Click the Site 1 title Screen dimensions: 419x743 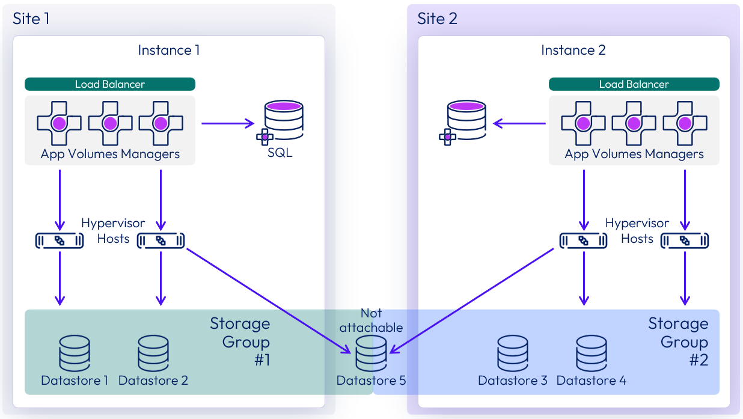pos(31,19)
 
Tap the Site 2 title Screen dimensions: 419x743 pos(437,19)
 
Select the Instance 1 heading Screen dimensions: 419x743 pos(168,50)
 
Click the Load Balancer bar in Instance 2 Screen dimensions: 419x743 pos(634,84)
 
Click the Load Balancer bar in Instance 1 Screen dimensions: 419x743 pos(110,84)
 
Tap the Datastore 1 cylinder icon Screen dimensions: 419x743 pos(75,353)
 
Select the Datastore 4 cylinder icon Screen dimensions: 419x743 pos(592,353)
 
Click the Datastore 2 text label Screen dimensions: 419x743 pos(153,381)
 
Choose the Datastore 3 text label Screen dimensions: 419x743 pos(513,381)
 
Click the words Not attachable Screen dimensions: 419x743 pos(371,320)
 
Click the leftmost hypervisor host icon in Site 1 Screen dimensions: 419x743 pos(59,241)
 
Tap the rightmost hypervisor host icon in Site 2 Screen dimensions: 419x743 pos(684,241)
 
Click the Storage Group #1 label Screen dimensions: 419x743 pos(240,341)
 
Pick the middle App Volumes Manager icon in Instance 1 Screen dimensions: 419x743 pos(110,124)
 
